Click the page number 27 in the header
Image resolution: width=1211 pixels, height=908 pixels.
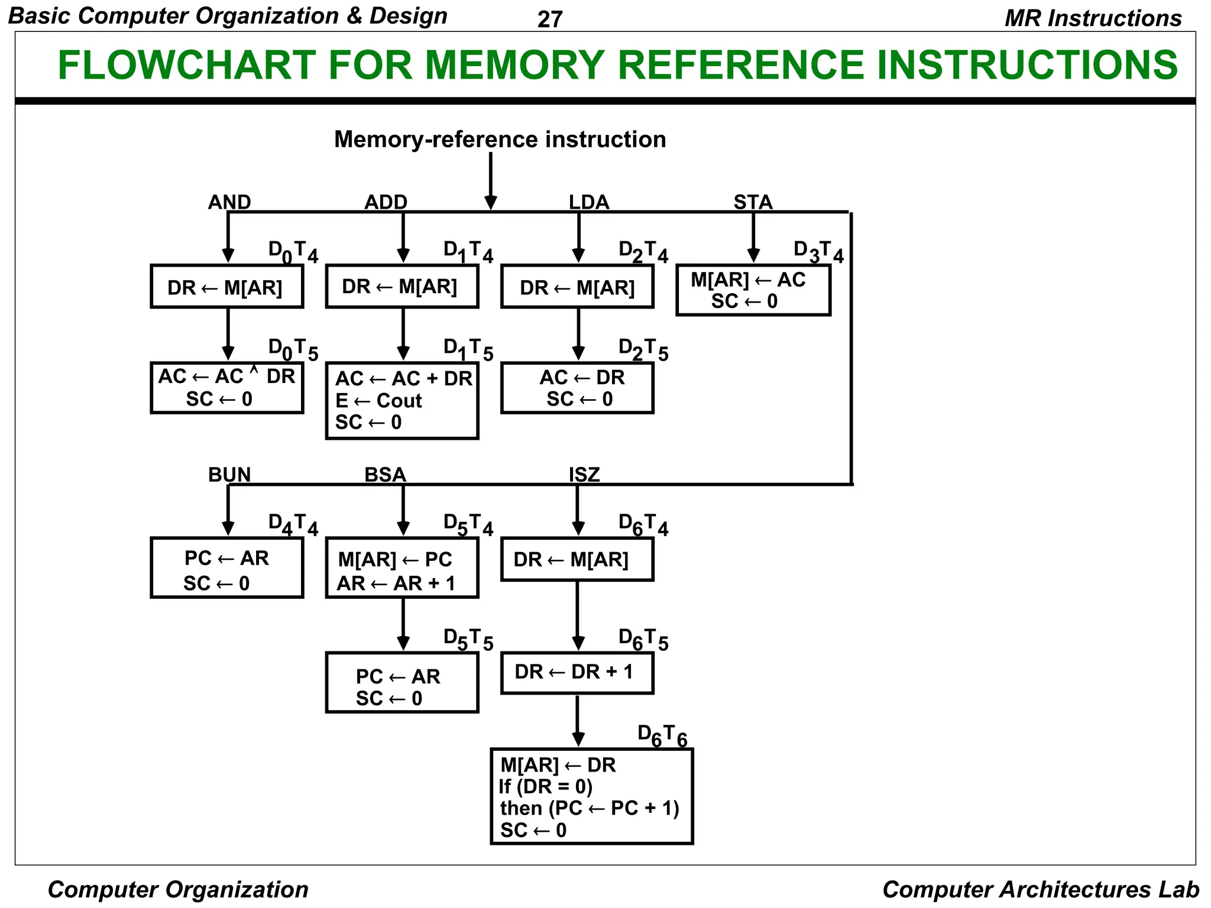pyautogui.click(x=549, y=20)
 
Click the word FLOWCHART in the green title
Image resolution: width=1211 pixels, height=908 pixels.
pyautogui.click(x=186, y=65)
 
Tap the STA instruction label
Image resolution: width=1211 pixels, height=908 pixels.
pyautogui.click(x=753, y=202)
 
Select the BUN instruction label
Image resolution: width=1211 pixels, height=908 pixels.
pyautogui.click(x=229, y=475)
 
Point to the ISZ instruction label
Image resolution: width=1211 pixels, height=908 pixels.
pyautogui.click(x=584, y=475)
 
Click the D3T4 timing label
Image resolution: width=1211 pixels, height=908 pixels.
pyautogui.click(x=818, y=252)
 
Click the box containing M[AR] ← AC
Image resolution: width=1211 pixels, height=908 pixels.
pyautogui.click(x=753, y=290)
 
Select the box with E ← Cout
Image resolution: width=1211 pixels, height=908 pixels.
pyautogui.click(x=401, y=400)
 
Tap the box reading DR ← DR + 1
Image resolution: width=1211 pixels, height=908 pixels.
pyautogui.click(x=577, y=673)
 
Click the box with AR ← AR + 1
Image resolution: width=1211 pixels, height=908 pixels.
pyautogui.click(x=401, y=567)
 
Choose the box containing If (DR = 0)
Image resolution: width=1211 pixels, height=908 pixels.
pyautogui.click(x=591, y=796)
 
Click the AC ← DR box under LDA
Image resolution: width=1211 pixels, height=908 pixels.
pyautogui.click(x=577, y=388)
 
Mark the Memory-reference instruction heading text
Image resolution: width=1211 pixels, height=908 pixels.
pyautogui.click(x=500, y=140)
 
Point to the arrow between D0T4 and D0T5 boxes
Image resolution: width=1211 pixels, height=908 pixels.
pyautogui.click(x=228, y=334)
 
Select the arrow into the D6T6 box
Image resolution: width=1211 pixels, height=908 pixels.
pyautogui.click(x=578, y=721)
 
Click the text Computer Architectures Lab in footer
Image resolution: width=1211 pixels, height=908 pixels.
pyautogui.click(x=1040, y=889)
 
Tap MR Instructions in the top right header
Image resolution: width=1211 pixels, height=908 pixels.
pyautogui.click(x=1093, y=18)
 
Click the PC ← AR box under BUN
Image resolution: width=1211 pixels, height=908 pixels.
pyautogui.click(x=227, y=567)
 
